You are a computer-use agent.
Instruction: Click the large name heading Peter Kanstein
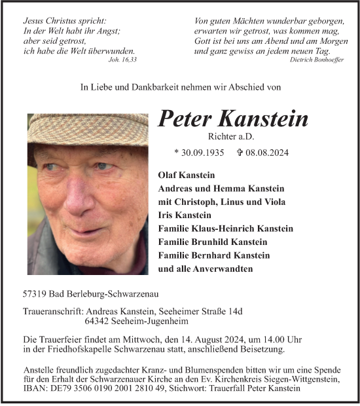233,119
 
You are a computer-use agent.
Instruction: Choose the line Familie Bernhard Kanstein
219,255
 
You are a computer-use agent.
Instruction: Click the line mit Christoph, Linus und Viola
222,202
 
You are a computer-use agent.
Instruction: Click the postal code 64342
97,322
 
